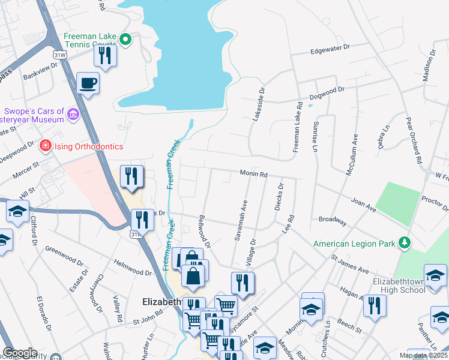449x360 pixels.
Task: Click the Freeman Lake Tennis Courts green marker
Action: click(125, 40)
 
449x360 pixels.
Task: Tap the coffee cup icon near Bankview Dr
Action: click(88, 83)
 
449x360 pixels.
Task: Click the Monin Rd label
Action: click(253, 173)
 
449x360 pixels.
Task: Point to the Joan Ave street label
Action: click(363, 205)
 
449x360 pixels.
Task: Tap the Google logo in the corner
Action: click(20, 352)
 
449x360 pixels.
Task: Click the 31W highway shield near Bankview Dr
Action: click(59, 55)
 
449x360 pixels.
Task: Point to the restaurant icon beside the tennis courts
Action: click(105, 56)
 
